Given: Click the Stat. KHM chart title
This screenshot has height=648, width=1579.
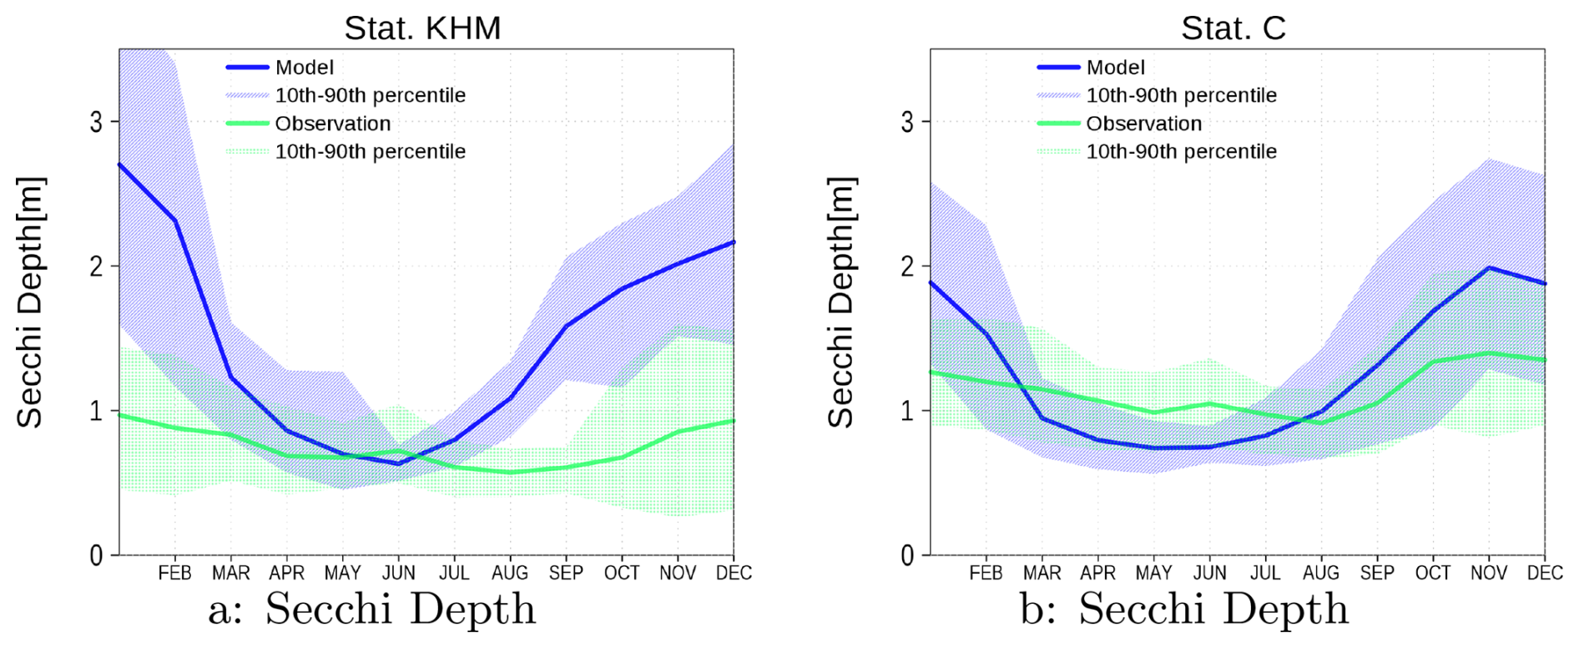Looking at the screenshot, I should (x=422, y=28).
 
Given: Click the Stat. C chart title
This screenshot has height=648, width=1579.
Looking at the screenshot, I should (x=1233, y=28).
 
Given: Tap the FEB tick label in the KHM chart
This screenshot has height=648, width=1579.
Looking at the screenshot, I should (x=174, y=573).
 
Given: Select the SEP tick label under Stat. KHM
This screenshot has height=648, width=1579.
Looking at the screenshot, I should (x=566, y=573).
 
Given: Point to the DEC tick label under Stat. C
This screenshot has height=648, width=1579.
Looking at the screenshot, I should (x=1544, y=573).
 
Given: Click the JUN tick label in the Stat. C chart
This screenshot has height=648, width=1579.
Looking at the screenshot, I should (x=1209, y=573).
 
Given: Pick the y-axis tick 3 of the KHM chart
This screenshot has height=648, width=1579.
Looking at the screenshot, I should (x=97, y=122).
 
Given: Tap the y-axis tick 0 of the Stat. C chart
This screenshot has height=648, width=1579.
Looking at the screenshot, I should (x=908, y=555).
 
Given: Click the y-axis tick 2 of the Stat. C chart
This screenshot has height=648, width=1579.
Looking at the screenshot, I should (x=908, y=266).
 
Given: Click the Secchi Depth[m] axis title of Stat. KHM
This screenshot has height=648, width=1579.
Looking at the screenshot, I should (x=30, y=302).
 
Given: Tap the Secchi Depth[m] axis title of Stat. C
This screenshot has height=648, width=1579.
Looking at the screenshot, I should (x=841, y=302).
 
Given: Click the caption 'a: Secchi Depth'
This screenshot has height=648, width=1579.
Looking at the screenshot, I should (x=371, y=609).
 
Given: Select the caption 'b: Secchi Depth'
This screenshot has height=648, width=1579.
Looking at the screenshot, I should (x=1183, y=609).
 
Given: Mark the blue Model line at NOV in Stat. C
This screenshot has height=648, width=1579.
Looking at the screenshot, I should (x=1489, y=268).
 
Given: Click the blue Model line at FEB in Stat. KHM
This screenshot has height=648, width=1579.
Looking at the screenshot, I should (x=175, y=220).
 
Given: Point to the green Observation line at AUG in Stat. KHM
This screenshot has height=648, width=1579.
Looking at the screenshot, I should (x=510, y=473).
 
